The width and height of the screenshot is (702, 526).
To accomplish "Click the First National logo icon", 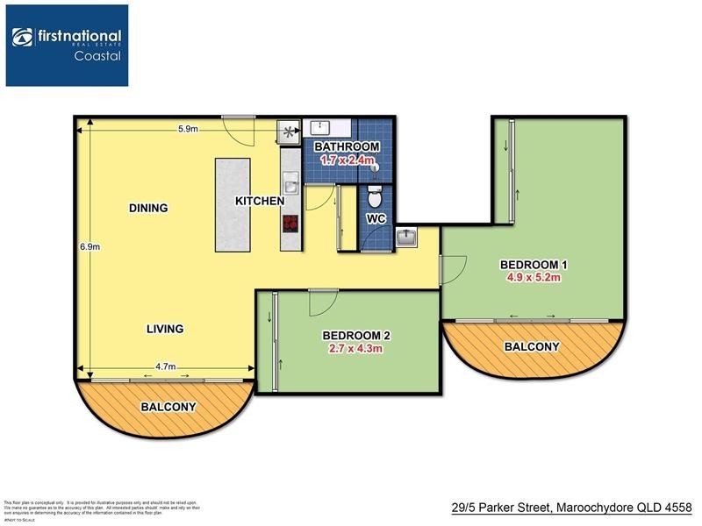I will pyautogui.click(x=22, y=37).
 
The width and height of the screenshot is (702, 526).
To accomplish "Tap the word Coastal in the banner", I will pyautogui.click(x=97, y=55).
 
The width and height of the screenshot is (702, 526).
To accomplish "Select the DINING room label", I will pyautogui.click(x=147, y=208).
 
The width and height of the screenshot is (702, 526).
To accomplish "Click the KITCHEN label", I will pyautogui.click(x=259, y=201).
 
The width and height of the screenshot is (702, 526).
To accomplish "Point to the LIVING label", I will pyautogui.click(x=165, y=329).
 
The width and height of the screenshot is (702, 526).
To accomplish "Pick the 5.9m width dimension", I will pyautogui.click(x=187, y=130).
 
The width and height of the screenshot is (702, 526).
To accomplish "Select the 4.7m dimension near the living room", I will pyautogui.click(x=166, y=366).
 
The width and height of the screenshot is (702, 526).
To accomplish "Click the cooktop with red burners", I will pyautogui.click(x=289, y=224).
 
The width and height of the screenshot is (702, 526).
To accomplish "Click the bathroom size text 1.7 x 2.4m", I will pyautogui.click(x=347, y=160).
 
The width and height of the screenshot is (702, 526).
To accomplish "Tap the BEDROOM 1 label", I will pyautogui.click(x=534, y=265).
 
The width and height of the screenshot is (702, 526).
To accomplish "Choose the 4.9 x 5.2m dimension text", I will pyautogui.click(x=534, y=278).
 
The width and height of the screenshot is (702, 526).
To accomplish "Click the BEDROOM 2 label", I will pyautogui.click(x=355, y=335).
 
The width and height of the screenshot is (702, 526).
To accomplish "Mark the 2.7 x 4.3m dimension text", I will pyautogui.click(x=355, y=348).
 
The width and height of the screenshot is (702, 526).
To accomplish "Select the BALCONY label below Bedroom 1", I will pyautogui.click(x=532, y=347).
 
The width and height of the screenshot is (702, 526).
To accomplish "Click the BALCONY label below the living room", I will pyautogui.click(x=168, y=408).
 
